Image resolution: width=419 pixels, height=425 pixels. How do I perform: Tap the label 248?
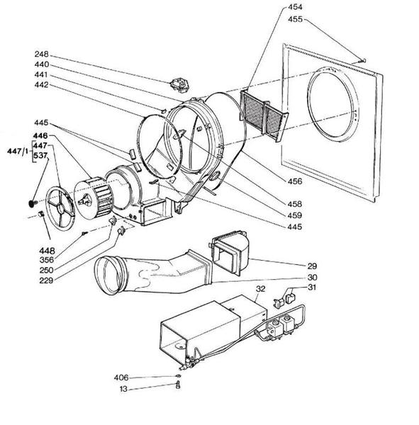coord(41,54)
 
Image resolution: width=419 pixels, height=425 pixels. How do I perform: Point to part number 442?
coord(41,85)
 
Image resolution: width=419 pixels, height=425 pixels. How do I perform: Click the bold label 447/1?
coord(14,150)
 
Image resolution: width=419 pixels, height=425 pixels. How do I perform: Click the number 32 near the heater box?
coord(260,289)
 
